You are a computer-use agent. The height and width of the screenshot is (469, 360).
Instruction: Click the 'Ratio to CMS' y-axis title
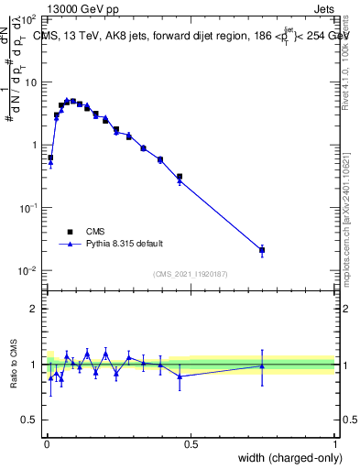[15, 365]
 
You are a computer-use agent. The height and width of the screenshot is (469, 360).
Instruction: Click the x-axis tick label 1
[334, 444]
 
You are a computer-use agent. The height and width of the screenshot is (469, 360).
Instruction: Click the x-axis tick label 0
[46, 444]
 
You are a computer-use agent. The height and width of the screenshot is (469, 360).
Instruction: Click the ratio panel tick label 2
[35, 309]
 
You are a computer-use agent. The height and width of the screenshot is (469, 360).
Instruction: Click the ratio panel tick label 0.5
[30, 420]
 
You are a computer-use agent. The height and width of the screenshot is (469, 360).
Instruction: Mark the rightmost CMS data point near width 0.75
[262, 250]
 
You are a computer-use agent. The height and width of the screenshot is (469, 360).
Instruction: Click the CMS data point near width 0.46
[180, 177]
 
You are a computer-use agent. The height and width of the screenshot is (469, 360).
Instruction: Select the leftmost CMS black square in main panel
[50, 158]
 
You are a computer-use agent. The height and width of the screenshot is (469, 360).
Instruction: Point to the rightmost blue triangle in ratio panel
[262, 365]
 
